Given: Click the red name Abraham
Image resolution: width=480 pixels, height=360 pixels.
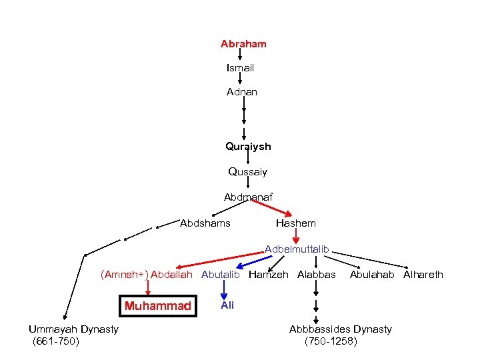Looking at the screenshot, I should (x=243, y=44).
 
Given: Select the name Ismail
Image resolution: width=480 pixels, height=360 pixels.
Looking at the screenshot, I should (x=240, y=68).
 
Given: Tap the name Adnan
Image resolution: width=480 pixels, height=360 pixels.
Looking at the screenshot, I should (x=242, y=92).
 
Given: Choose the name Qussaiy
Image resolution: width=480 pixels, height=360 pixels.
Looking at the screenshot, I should (x=247, y=172).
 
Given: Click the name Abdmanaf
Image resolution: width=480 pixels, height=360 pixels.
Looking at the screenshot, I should (x=248, y=197).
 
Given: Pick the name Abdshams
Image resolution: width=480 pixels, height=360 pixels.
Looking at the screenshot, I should (x=205, y=223).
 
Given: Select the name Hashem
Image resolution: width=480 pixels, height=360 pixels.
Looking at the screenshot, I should (x=295, y=223).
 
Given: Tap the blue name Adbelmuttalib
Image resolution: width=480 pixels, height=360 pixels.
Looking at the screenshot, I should (x=297, y=249).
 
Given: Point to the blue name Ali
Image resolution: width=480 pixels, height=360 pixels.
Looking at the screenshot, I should (x=227, y=304).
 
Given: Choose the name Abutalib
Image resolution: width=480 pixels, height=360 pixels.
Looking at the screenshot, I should (x=220, y=274).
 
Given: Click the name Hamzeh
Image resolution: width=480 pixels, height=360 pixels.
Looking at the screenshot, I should (x=269, y=274).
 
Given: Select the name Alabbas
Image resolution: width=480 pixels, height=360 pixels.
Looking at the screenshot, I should (x=317, y=274).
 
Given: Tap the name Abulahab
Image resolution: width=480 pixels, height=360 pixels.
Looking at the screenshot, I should (x=372, y=274).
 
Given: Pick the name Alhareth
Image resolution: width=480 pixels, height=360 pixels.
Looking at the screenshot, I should (x=423, y=274).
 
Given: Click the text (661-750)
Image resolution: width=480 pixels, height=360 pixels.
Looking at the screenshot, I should (x=56, y=341).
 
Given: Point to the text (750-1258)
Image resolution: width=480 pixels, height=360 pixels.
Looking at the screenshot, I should (x=331, y=341).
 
